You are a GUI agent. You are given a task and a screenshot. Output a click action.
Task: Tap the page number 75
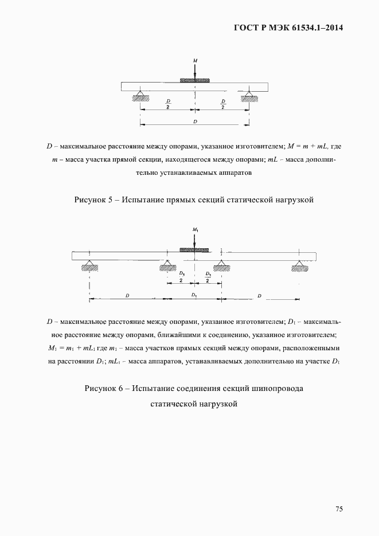click(x=339, y=509)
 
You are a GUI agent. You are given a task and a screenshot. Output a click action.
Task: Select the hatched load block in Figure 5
click(x=195, y=80)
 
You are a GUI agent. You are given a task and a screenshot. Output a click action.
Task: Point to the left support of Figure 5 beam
click(x=140, y=95)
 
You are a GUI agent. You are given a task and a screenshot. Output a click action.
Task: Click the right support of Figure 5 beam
click(x=249, y=95)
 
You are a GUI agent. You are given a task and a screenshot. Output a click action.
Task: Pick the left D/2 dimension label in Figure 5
click(x=167, y=104)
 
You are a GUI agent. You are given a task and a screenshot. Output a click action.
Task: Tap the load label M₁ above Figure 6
click(x=195, y=230)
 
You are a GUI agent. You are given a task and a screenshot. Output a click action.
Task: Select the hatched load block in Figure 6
click(x=195, y=249)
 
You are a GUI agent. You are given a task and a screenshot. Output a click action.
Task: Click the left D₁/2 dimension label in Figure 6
click(x=181, y=277)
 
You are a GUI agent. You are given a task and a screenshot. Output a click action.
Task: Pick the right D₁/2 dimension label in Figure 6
click(x=208, y=277)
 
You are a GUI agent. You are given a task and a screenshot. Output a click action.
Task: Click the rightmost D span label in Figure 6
click(x=259, y=296)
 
